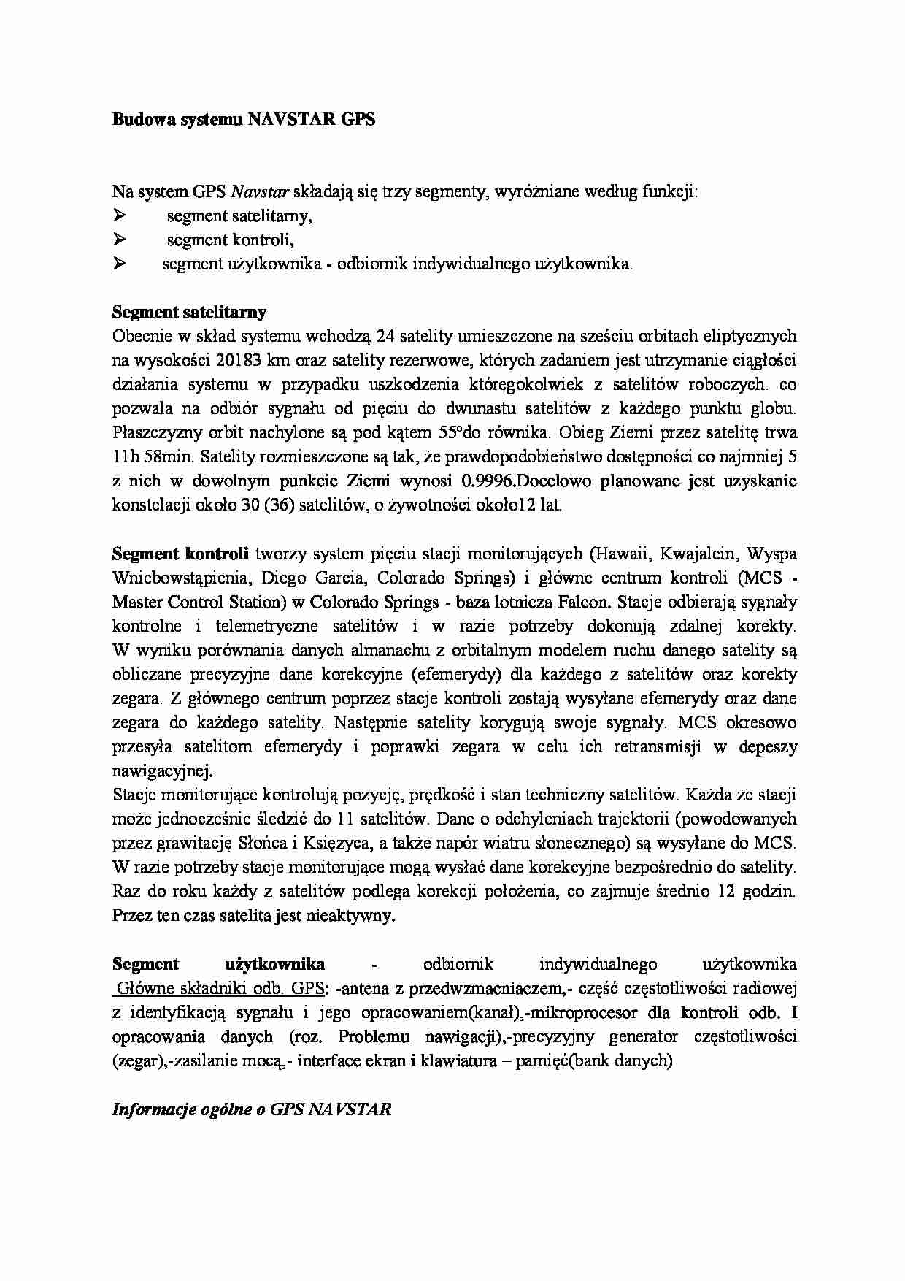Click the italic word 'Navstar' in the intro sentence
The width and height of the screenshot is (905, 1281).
pos(260,192)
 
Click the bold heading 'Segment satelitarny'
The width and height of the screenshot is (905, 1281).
pos(189,313)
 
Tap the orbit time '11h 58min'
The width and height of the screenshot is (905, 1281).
pos(153,457)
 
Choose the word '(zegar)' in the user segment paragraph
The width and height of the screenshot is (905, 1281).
pos(136,1060)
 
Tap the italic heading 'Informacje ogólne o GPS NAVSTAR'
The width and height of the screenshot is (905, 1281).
pos(251,1109)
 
